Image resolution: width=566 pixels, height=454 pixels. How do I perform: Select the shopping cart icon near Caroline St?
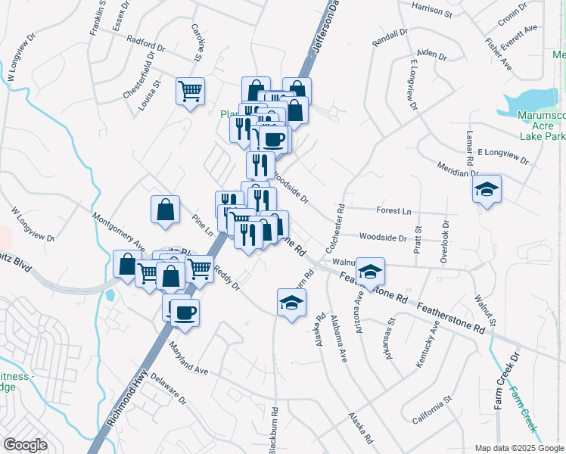[191, 92]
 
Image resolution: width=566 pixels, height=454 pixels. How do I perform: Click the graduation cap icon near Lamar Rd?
[486, 191]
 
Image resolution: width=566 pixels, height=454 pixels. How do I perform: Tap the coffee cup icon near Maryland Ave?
[185, 313]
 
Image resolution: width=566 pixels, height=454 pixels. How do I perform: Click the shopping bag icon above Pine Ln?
[165, 212]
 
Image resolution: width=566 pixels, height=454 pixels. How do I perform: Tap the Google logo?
[25, 445]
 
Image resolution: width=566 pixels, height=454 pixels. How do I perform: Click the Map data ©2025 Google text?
[518, 448]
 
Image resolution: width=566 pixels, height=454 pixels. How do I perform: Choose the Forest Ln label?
[394, 211]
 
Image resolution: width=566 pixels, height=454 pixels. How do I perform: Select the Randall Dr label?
[390, 37]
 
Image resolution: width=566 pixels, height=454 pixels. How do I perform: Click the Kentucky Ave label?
[428, 344]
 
